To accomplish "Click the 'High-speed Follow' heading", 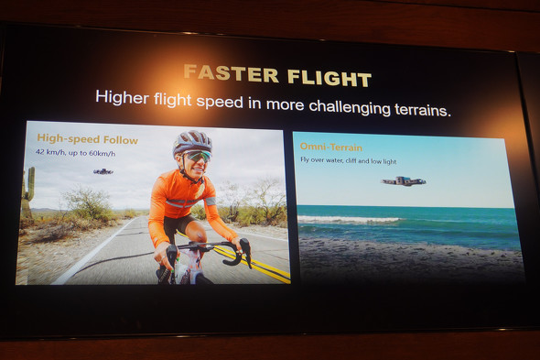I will click(x=87, y=139).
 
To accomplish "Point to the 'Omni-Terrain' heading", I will click(x=331, y=147).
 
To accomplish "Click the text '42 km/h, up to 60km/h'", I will click(x=75, y=153).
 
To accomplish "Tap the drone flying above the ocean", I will click(x=403, y=180).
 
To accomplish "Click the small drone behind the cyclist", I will click(x=103, y=171).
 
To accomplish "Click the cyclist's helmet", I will click(x=192, y=142).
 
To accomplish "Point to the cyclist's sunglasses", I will click(x=196, y=157).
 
